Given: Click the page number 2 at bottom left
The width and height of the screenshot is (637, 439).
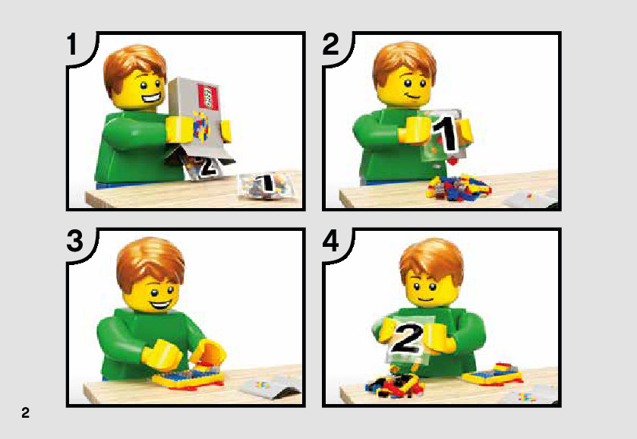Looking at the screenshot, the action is coord(25,412).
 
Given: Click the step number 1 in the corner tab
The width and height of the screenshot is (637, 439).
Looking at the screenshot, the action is coord(72,44).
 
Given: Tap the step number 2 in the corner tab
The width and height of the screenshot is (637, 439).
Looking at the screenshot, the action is coord(331,44).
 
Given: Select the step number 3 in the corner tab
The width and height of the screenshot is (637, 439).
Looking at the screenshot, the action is coord(74,241).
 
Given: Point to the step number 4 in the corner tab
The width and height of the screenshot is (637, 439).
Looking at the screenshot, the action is coord(331,241).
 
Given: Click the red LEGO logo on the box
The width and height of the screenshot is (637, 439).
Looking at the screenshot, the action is coord(207,96).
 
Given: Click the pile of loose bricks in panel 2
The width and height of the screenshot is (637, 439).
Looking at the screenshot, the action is coord(459,188).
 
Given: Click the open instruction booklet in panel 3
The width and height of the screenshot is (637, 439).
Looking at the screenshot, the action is coord(271,386).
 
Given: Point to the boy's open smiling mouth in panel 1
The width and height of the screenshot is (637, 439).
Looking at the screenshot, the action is coord(151,98).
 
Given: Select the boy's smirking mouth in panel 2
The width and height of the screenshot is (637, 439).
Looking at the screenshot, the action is coord(414,96).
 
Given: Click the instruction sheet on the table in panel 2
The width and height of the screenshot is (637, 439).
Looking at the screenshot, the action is coord(531,198).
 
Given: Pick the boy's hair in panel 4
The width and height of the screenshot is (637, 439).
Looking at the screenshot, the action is coord(431,261).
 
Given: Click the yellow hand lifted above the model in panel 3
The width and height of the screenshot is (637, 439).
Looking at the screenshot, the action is coord(208,351).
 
